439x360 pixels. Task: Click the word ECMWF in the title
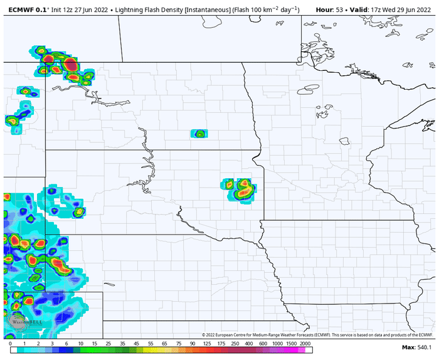pyautogui.click(x=14, y=10)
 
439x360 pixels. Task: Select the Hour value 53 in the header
pyautogui.click(x=339, y=10)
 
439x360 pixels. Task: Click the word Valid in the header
pyautogui.click(x=359, y=10)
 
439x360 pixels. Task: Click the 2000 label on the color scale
pyautogui.click(x=305, y=344)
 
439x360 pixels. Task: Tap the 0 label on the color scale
pyautogui.click(x=11, y=344)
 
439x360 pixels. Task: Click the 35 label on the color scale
pyautogui.click(x=122, y=344)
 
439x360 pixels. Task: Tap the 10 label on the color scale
pyautogui.click(x=81, y=344)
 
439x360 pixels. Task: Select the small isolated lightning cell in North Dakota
pyautogui.click(x=199, y=134)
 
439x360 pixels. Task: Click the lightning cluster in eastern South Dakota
pyautogui.click(x=241, y=188)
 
